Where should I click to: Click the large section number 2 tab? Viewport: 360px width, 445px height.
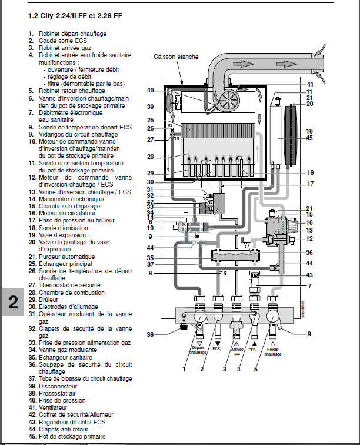(14, 301)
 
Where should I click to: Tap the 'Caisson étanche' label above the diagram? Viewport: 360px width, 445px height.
(176, 57)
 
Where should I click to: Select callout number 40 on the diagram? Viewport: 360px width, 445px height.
(151, 90)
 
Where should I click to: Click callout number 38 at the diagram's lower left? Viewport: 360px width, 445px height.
(151, 334)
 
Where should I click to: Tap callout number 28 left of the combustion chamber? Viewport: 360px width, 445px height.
(151, 157)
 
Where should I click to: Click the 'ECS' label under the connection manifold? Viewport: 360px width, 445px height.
(218, 348)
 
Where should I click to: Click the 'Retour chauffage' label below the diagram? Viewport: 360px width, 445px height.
(273, 351)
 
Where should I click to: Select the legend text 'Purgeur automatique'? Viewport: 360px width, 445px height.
(66, 257)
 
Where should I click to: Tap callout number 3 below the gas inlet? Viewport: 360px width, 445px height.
(224, 369)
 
